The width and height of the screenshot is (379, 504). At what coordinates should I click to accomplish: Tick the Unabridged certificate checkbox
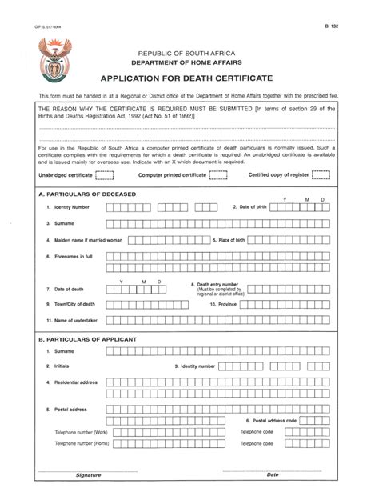(104, 174)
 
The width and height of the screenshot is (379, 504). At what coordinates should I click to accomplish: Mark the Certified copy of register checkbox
(321, 174)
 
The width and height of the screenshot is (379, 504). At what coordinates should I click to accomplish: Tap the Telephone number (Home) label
(82, 442)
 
